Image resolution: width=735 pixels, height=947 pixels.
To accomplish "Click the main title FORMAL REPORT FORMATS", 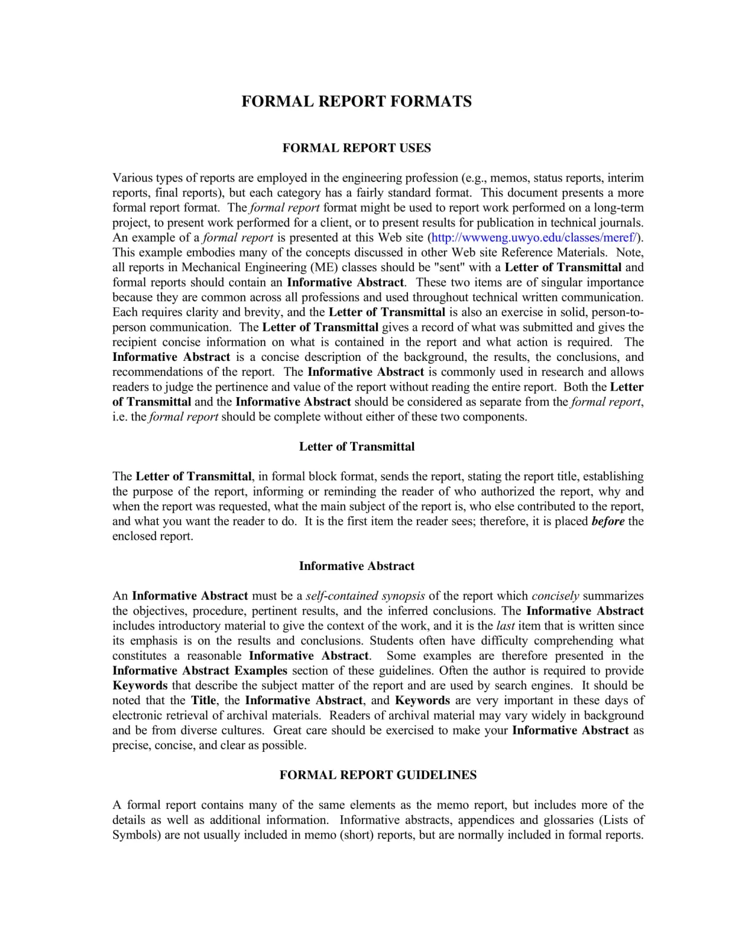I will pos(356,101).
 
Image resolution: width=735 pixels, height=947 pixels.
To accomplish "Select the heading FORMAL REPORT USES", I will pos(357,148).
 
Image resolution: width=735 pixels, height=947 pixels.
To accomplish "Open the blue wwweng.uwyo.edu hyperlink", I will pos(534,237).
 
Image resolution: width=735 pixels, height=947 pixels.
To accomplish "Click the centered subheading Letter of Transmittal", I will pos(357,446).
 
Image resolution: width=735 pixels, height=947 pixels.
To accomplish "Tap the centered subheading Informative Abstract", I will pos(357,566).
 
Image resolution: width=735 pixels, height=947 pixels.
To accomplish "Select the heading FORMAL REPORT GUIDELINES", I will pos(378,775).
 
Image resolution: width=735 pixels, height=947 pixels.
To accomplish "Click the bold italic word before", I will pos(608,521).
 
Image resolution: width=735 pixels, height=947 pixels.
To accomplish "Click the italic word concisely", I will pos(555,596).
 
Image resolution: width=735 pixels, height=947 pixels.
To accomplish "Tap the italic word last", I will pos(505,625).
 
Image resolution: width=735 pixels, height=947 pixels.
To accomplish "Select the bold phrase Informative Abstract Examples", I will pos(199,670).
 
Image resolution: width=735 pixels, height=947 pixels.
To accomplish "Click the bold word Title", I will pos(204,700).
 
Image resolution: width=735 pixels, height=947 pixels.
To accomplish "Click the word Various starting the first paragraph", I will pos(133,178).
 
